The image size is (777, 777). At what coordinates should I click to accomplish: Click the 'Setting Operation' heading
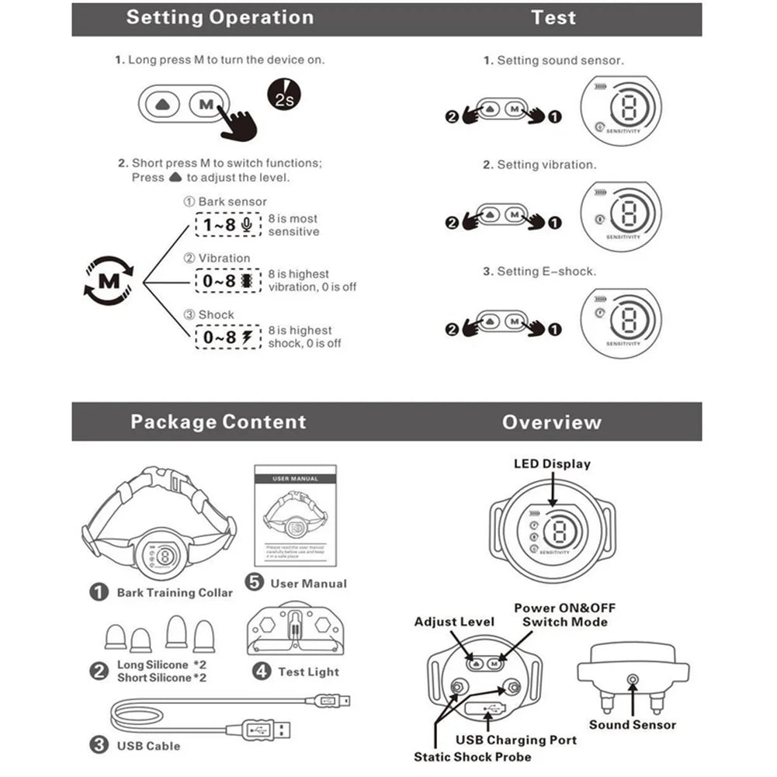tap(220, 18)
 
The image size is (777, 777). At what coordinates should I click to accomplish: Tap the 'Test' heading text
tap(553, 18)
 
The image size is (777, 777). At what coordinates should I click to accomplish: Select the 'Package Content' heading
tap(218, 422)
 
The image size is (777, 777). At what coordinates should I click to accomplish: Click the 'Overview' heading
tap(551, 422)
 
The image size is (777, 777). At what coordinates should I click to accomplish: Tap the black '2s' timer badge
tap(283, 96)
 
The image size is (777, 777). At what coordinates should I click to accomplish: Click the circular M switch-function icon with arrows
tap(109, 280)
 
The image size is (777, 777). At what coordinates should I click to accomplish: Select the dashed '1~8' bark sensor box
tap(224, 225)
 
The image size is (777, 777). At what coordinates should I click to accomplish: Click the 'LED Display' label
tap(552, 464)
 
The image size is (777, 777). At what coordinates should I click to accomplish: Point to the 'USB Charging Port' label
tap(516, 740)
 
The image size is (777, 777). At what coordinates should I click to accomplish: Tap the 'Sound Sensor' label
tap(632, 725)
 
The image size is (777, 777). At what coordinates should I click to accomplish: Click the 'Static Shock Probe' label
tap(473, 757)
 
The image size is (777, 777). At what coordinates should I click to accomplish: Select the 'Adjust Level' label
tap(454, 622)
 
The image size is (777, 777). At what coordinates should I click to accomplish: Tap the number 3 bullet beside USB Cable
tap(99, 745)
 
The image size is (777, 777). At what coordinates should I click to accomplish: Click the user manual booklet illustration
tap(295, 513)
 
